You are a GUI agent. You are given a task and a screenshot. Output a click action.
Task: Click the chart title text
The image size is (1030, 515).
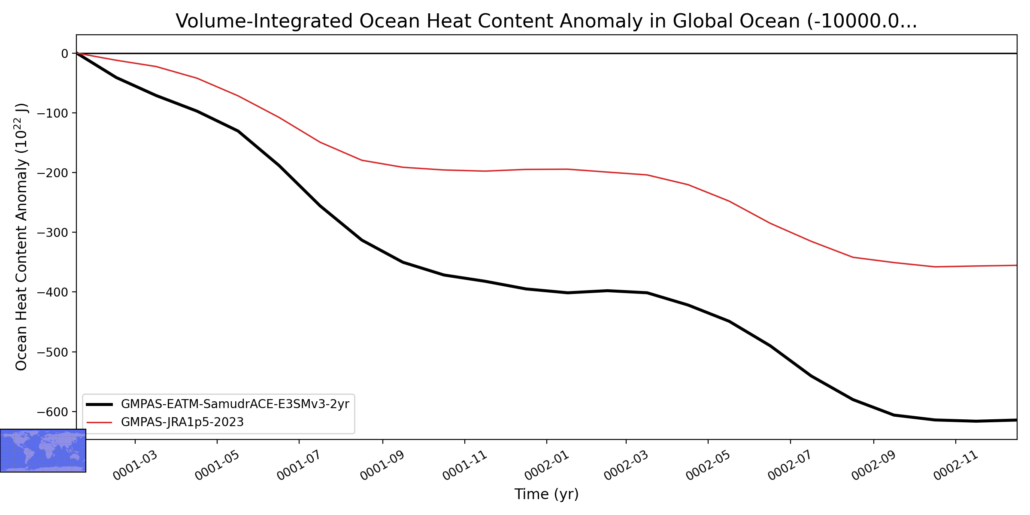(546, 21)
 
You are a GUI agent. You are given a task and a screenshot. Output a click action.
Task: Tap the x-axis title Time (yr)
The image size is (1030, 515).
(546, 494)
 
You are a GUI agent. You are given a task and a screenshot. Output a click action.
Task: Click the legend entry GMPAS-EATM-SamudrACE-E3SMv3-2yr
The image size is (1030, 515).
(235, 404)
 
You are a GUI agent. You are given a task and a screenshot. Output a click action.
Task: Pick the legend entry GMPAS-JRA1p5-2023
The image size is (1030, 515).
(182, 422)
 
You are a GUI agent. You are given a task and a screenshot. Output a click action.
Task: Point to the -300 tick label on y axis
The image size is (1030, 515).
(52, 233)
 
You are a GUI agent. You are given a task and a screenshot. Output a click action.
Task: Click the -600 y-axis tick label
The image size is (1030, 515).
(52, 412)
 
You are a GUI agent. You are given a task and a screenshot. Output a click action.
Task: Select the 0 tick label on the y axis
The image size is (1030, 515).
(65, 54)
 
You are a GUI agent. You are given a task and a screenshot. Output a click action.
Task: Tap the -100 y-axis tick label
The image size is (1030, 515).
(52, 113)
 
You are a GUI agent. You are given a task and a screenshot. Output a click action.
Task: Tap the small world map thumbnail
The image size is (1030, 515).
(43, 451)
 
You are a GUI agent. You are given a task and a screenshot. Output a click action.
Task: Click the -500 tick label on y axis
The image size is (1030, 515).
(52, 352)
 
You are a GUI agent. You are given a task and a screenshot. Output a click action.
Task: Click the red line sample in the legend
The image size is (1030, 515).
(99, 422)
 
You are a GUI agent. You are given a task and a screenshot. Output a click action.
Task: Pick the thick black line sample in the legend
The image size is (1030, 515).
(99, 404)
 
